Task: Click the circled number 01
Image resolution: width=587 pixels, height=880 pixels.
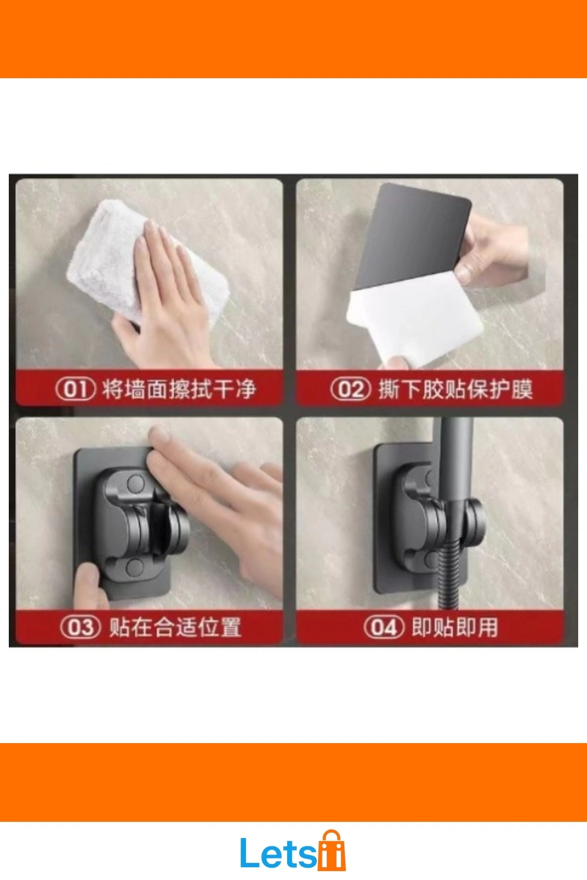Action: coord(75,389)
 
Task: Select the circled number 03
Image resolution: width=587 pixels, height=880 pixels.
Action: coord(81,627)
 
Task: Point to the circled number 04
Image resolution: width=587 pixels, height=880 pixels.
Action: coord(384,627)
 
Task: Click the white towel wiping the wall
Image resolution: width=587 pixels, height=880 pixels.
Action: coord(147,264)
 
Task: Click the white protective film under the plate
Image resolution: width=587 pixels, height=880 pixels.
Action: coord(416,318)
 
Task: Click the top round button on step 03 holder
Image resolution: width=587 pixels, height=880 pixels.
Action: coord(135,484)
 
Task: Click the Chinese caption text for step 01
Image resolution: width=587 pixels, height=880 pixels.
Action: coord(179,389)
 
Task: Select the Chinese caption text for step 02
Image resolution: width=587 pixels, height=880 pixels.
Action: coord(455,389)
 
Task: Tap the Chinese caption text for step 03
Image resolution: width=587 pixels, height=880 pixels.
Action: coord(175,627)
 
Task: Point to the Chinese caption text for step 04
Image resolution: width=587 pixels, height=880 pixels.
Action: coord(455,627)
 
